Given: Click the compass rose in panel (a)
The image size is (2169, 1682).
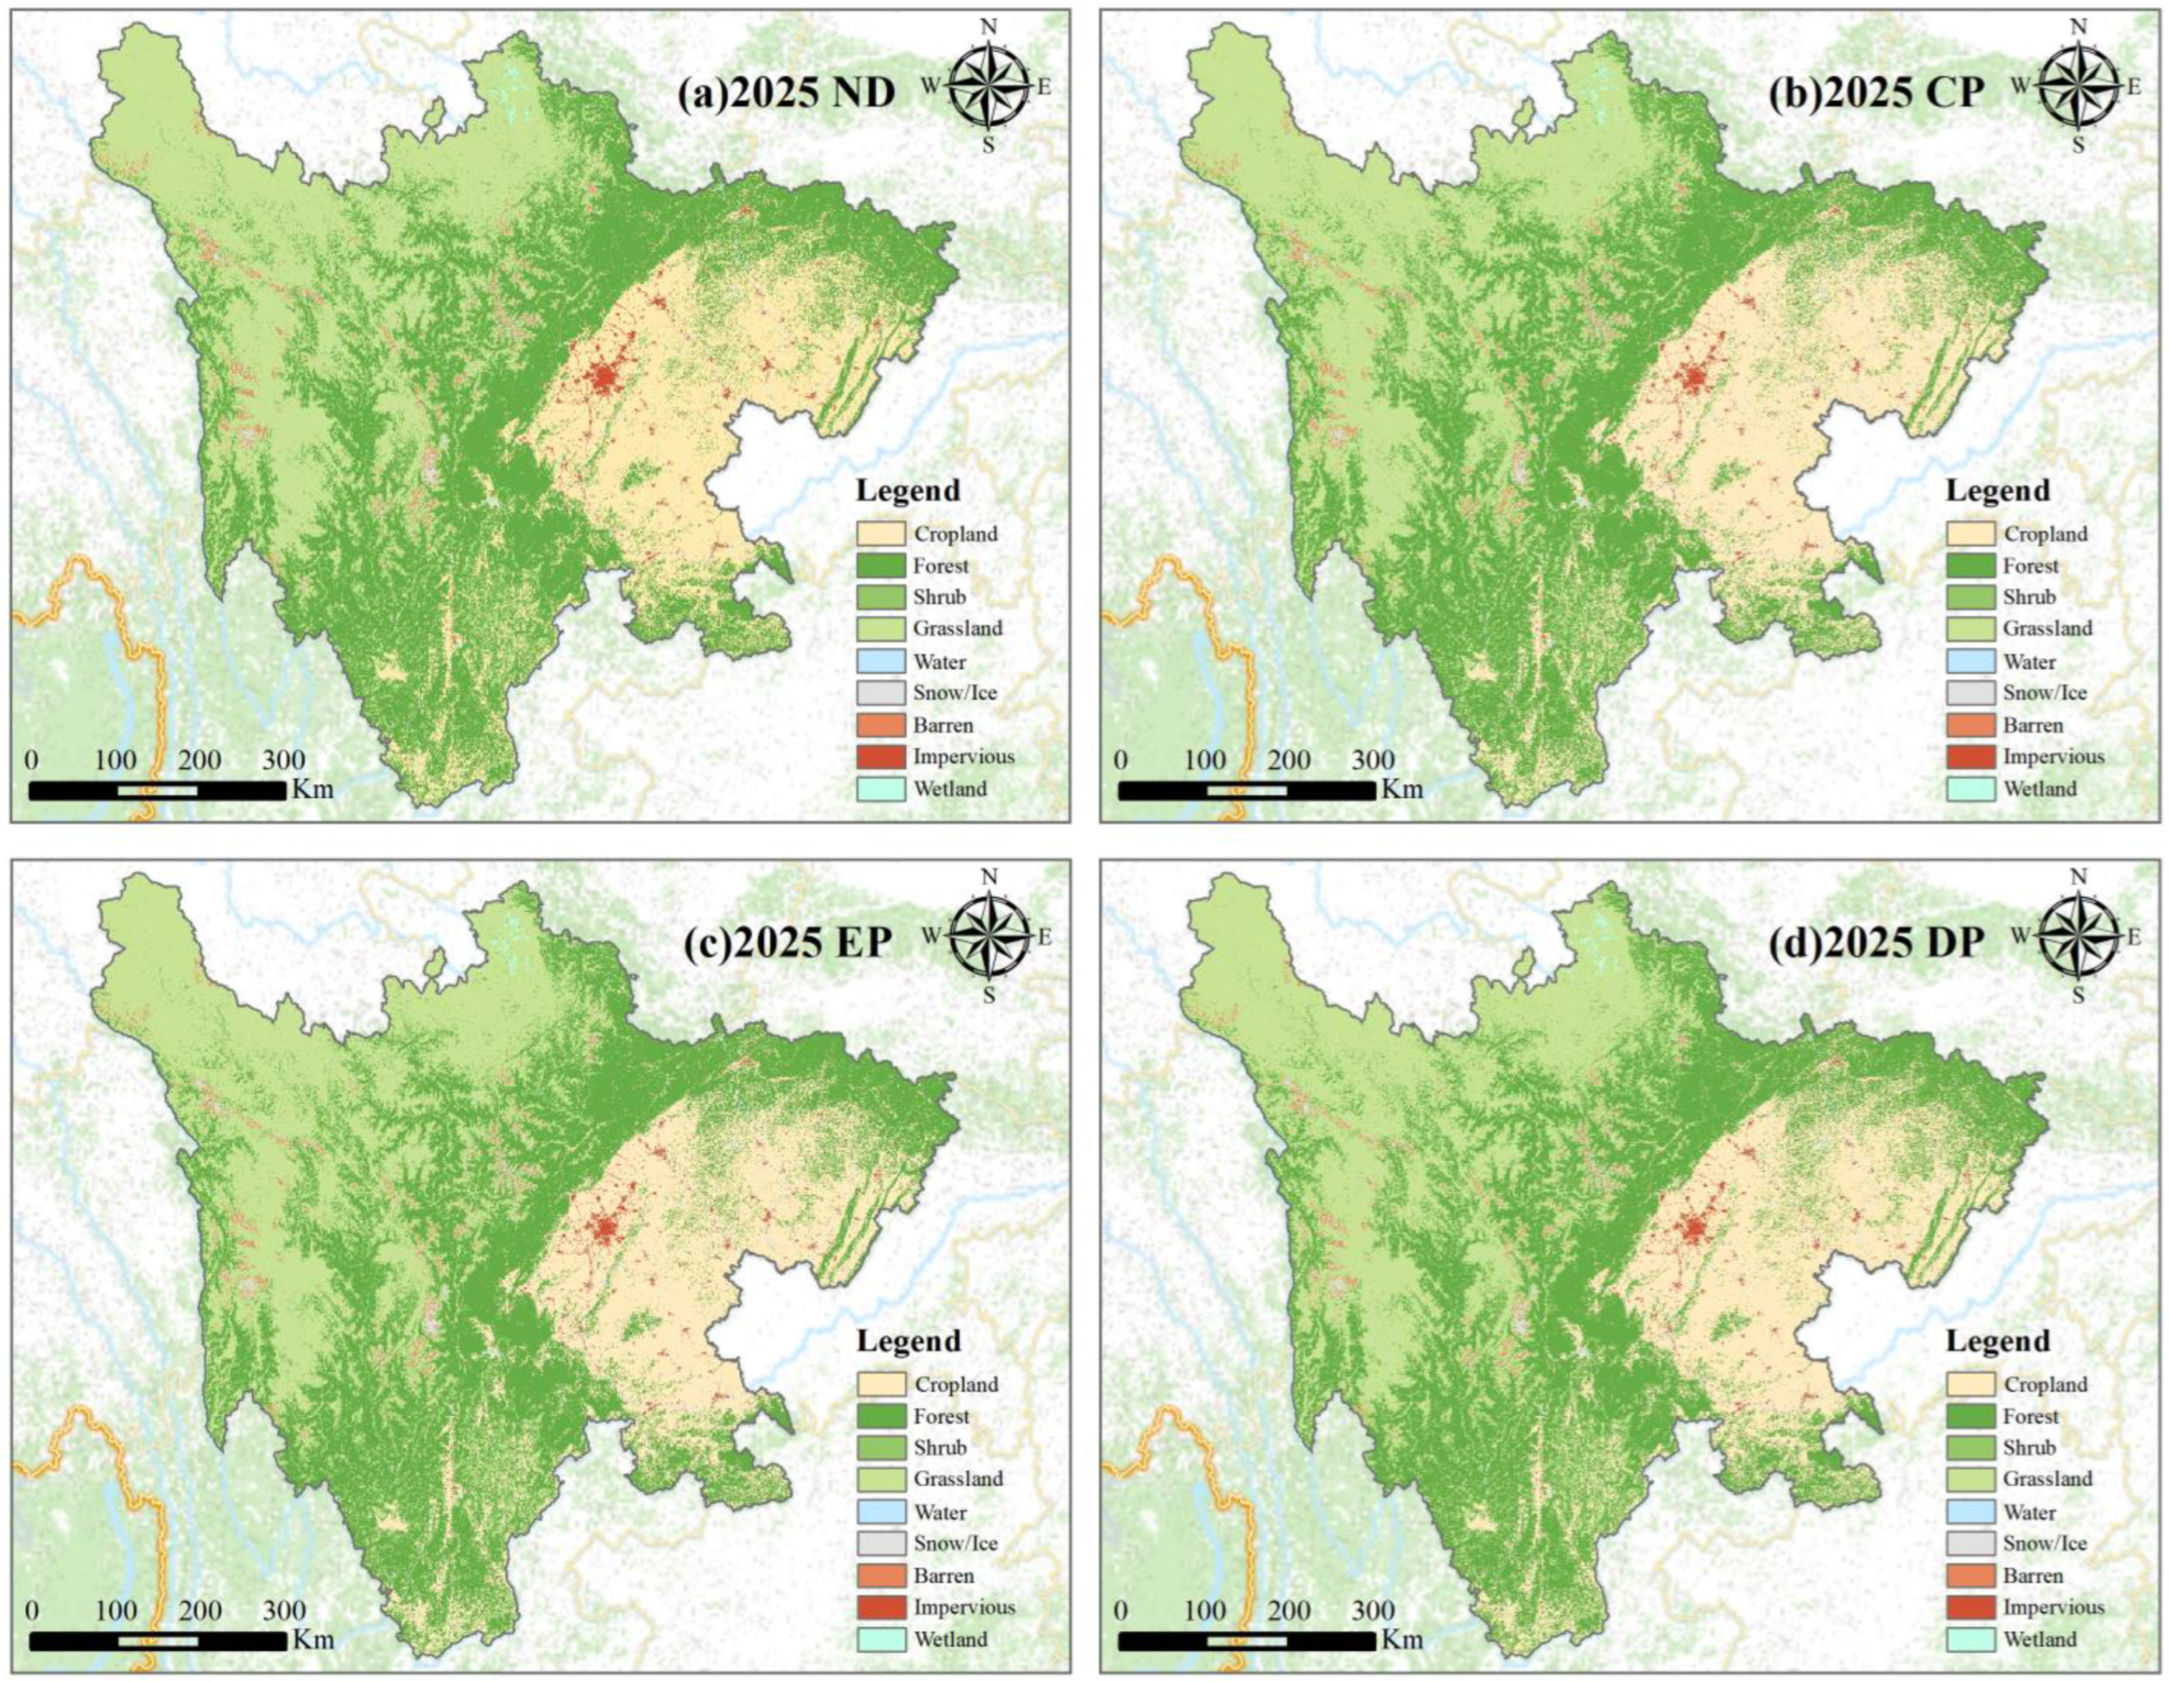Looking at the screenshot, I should [988, 86].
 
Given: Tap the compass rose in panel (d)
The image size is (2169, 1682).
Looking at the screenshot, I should [2077, 936].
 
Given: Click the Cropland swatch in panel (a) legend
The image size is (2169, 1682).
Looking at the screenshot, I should [881, 533].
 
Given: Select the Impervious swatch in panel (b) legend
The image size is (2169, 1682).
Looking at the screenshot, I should [1970, 757].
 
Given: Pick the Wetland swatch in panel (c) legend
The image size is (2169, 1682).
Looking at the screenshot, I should [881, 1639].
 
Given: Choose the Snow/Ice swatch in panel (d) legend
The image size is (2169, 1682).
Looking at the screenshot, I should [1970, 1544].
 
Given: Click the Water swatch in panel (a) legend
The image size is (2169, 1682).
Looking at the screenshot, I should [881, 662].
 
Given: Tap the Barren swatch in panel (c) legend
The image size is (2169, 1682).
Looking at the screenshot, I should [881, 1576].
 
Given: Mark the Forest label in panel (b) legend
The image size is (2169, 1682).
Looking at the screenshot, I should [2031, 566].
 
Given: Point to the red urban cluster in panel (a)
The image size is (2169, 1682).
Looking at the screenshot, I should [603, 377].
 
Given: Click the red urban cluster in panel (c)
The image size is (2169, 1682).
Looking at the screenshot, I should [603, 1228].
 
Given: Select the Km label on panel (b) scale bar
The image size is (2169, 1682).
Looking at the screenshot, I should [1402, 789].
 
